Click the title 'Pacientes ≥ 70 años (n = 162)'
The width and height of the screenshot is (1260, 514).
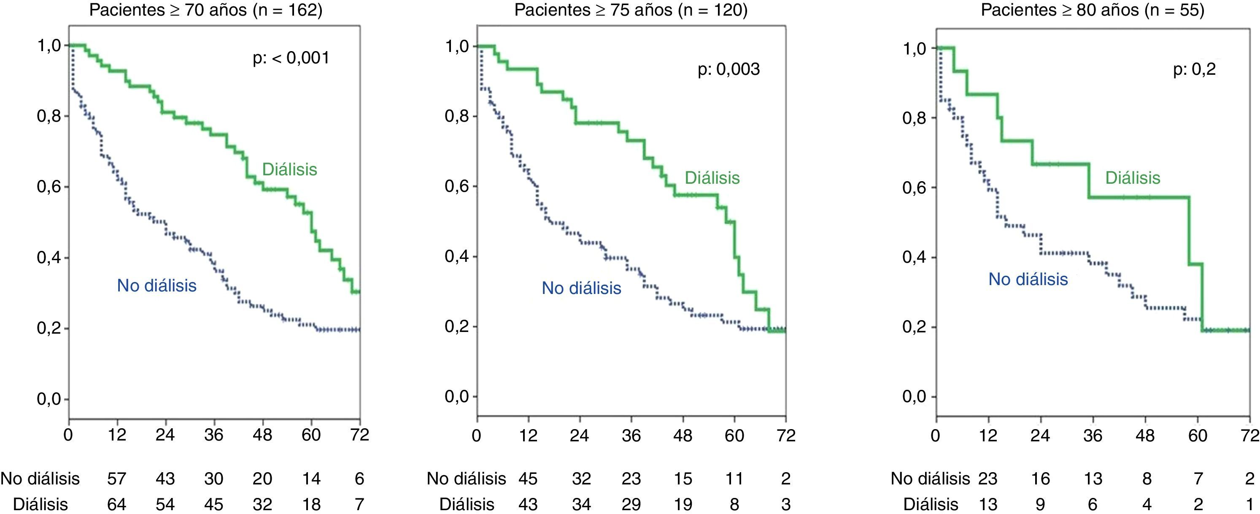[205, 10]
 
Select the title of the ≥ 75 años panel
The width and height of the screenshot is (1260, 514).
[631, 10]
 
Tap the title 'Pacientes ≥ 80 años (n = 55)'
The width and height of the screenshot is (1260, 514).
[1092, 10]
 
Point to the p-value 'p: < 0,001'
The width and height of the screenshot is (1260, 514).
[291, 58]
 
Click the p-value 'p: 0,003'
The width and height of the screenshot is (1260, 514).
[729, 70]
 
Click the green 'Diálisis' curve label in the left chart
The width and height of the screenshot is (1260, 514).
[289, 169]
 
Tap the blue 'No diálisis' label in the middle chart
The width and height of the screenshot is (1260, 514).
[581, 288]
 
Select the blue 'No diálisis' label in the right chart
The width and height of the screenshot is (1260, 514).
[1028, 279]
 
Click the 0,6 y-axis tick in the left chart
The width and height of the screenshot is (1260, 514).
[49, 187]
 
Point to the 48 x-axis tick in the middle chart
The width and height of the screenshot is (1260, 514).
[683, 435]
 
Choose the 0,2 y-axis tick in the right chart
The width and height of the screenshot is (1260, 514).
[914, 327]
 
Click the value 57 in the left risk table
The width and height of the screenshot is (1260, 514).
[116, 478]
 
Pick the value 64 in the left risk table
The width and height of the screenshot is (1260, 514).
[116, 504]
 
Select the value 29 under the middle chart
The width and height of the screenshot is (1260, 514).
[631, 504]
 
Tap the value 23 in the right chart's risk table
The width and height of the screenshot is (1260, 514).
[987, 478]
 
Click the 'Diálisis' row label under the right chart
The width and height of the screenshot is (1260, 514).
[930, 504]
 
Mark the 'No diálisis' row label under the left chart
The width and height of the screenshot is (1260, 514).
[40, 478]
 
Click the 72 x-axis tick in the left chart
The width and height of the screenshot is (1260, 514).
[359, 435]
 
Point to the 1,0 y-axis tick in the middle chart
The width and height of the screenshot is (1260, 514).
[457, 46]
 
